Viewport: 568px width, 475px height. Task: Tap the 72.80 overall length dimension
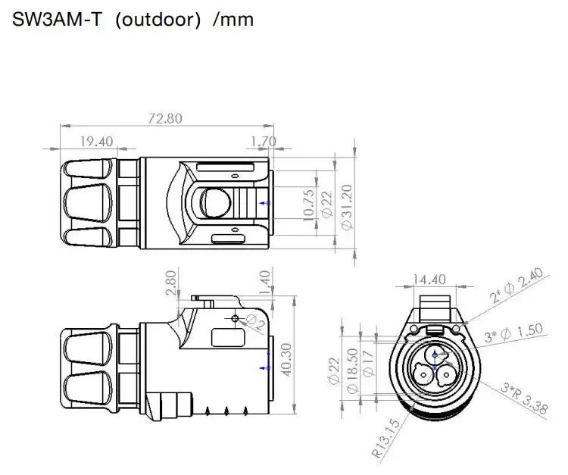click(165, 119)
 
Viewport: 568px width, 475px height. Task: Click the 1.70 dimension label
click(263, 140)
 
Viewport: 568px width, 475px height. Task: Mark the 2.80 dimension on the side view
click(170, 283)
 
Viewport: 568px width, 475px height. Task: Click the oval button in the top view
click(214, 202)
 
